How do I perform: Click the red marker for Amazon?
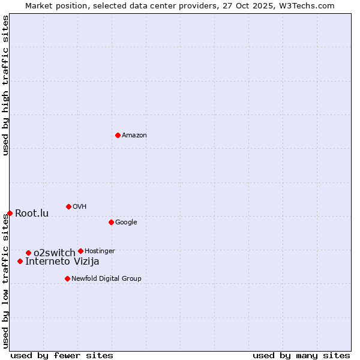tap(118, 135)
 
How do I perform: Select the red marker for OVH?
tap(68, 206)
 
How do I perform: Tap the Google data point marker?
tap(111, 222)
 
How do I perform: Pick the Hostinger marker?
tap(80, 251)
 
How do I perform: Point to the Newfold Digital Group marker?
tap(67, 278)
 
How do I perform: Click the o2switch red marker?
tap(28, 253)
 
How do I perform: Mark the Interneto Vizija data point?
tap(20, 261)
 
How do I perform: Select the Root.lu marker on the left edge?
tap(10, 213)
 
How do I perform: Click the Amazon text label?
tap(134, 136)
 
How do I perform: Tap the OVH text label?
tap(80, 207)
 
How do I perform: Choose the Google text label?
tap(126, 223)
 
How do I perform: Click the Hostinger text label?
tap(100, 251)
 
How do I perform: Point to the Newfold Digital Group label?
tap(106, 278)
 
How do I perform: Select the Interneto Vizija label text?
tap(62, 261)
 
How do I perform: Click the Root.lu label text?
tap(32, 214)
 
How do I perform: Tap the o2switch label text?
tap(54, 253)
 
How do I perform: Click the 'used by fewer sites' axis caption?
tap(62, 355)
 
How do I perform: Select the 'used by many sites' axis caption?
tap(301, 355)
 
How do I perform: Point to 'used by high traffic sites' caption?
tap(5, 86)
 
